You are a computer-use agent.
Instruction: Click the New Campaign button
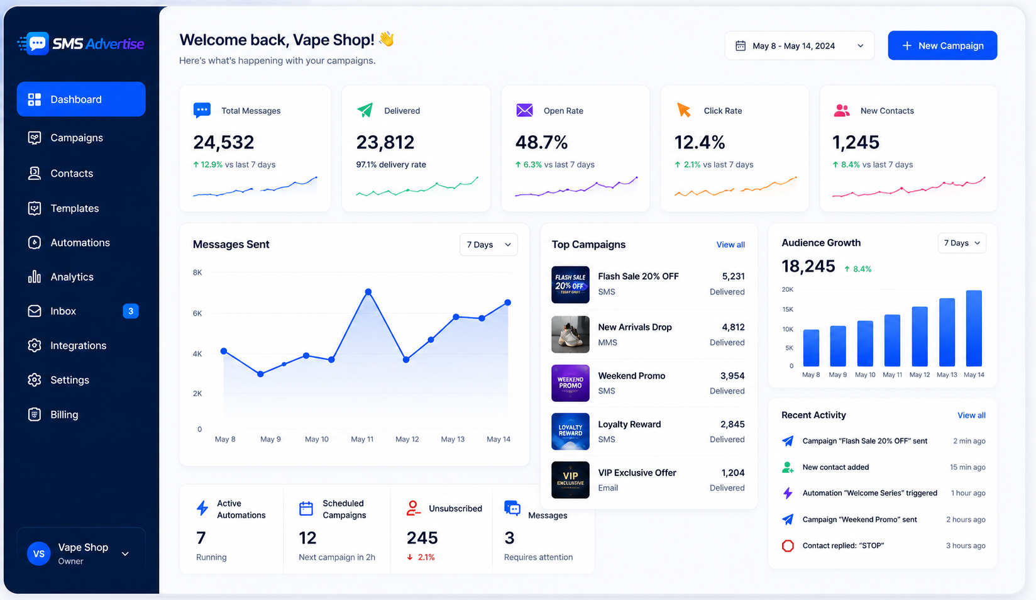tap(942, 45)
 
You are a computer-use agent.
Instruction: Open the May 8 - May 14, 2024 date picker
tap(799, 45)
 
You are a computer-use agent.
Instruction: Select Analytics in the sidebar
tap(72, 277)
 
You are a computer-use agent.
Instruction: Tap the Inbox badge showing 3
tap(130, 311)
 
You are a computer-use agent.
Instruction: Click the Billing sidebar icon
tap(34, 414)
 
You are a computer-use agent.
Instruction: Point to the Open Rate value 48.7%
tap(541, 142)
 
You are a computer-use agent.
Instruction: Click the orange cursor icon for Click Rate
tap(683, 110)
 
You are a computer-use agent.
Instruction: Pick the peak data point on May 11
tap(368, 292)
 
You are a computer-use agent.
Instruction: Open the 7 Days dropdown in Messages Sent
tap(488, 244)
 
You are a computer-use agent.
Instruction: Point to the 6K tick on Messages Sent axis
tap(197, 313)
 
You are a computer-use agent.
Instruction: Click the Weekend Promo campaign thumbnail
tap(570, 383)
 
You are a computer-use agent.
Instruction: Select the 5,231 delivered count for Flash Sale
tap(733, 276)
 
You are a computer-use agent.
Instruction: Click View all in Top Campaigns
tap(730, 245)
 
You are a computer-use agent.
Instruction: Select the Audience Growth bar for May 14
tap(974, 328)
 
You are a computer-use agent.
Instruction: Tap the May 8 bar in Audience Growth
tap(811, 348)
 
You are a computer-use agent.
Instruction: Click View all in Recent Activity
tap(971, 415)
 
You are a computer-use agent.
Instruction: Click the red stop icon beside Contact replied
tap(788, 546)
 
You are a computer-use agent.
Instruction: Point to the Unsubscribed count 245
tap(422, 538)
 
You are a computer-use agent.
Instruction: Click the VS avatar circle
tap(39, 553)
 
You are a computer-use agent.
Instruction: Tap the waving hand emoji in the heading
tap(387, 39)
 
